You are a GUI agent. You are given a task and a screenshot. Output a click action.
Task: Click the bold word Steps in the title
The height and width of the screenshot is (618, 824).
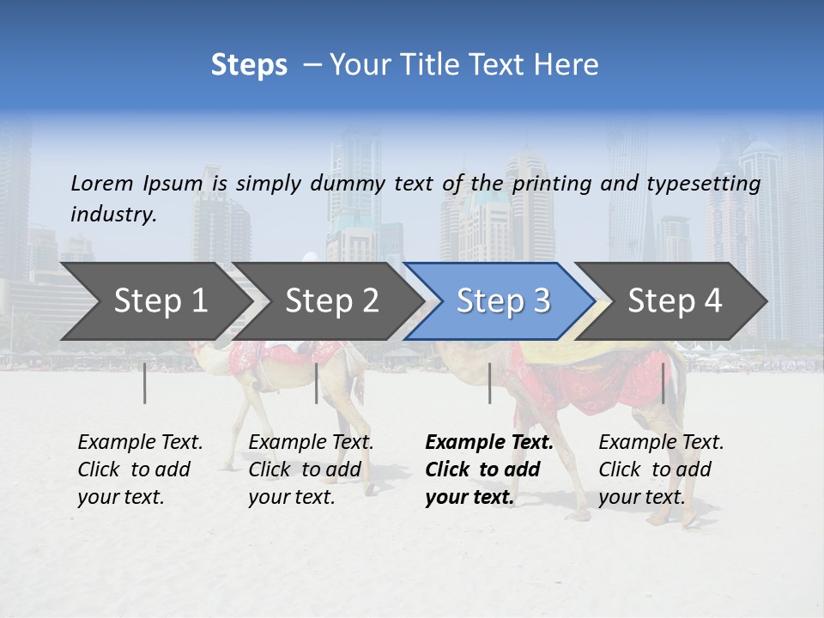[249, 65]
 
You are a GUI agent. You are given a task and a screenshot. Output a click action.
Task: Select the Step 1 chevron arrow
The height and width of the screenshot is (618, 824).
[154, 301]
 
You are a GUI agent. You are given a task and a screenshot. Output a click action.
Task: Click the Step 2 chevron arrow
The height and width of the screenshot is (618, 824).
[331, 301]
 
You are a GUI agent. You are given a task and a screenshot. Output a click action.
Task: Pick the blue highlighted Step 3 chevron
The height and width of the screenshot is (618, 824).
[502, 301]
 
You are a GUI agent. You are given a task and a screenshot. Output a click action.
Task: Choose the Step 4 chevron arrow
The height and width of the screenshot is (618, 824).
[675, 301]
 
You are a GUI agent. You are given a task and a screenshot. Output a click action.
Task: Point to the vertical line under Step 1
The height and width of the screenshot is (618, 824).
[145, 383]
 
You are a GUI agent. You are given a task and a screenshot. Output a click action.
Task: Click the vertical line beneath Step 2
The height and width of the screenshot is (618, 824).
[317, 383]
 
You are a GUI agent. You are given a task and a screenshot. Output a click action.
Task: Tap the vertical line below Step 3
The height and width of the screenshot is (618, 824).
[489, 383]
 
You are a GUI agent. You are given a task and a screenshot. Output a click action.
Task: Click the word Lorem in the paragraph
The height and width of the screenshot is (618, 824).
[103, 183]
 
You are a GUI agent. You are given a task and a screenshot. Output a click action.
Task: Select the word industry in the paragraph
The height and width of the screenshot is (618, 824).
[112, 214]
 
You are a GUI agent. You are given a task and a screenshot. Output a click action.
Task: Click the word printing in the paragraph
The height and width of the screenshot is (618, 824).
[553, 184]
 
